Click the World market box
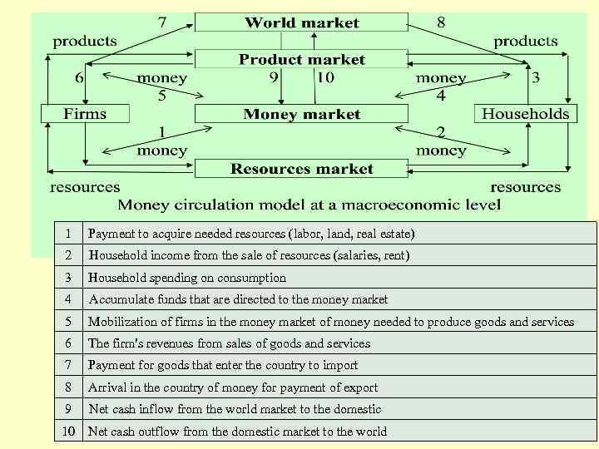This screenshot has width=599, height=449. pos(301,22)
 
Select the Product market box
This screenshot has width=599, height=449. pos(301,59)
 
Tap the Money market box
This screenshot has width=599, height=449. pos(301,114)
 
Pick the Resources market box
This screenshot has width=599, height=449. pos(301,169)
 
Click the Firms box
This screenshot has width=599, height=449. pos(85,113)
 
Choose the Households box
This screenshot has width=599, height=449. pos(526,113)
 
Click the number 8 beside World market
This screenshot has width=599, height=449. pos(441,22)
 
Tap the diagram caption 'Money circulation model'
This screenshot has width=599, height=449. pos(309,205)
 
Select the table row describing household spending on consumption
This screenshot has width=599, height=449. pos(187,278)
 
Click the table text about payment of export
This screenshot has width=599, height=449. pos(233,387)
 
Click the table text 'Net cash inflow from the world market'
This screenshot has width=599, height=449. pos(235,409)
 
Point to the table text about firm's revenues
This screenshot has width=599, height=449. pos(229,343)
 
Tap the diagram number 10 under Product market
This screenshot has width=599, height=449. pos(324,77)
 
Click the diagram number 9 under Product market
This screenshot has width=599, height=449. pos(274,77)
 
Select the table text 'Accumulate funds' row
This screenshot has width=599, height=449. pos(238,299)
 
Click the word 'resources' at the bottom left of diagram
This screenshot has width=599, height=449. pos(85,187)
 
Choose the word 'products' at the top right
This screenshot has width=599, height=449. pos(526,40)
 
